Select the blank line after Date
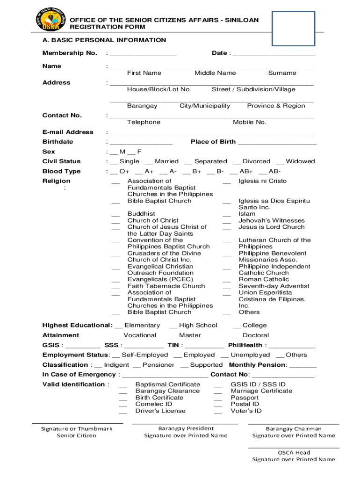(274, 55)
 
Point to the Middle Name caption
(215, 73)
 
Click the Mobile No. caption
(250, 122)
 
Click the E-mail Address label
(68, 132)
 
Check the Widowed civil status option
(280, 162)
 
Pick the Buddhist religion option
(115, 214)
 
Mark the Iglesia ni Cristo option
(227, 181)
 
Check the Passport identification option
(218, 398)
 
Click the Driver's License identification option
(123, 411)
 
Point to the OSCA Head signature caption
(294, 452)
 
